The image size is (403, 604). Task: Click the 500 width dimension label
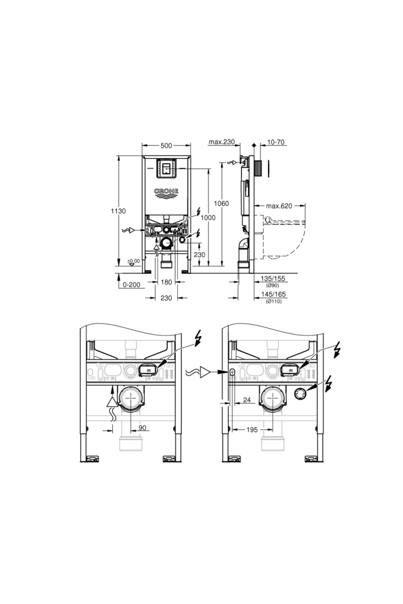point(166,145)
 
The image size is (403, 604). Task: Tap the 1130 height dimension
point(118,211)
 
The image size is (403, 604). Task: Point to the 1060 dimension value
point(222,203)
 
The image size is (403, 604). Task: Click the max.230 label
point(222,142)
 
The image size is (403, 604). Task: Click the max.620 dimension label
point(279,206)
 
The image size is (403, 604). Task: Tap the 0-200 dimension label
point(131,285)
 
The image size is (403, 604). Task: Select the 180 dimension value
point(166,282)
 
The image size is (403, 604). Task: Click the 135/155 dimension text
point(273,279)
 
